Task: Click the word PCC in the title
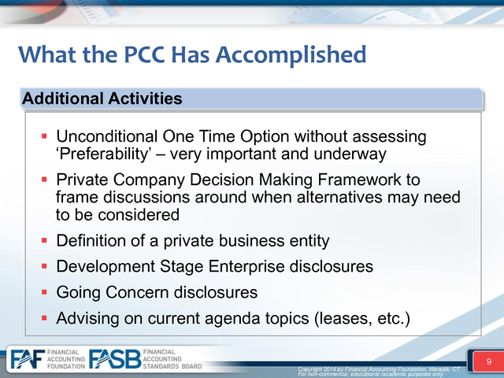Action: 144,54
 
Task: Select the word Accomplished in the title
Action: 291,55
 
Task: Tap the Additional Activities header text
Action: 102,98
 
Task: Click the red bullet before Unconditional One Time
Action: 44,136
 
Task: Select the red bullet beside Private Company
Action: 44,180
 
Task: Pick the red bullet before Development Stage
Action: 44,266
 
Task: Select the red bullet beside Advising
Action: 44,318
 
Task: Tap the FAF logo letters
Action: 28,359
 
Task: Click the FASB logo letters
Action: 115,359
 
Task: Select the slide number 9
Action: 489,361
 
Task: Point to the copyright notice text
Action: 379,372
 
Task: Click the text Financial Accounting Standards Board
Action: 172,359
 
